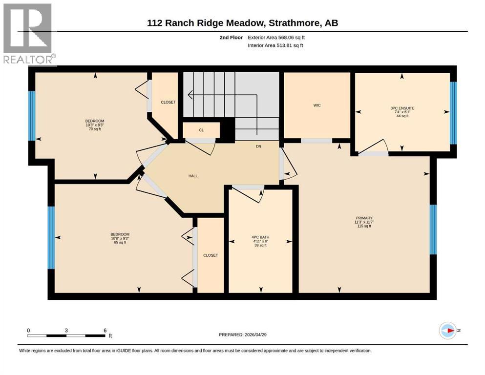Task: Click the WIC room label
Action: click(x=317, y=105)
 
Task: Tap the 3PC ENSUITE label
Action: click(x=402, y=108)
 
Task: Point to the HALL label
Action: click(x=193, y=176)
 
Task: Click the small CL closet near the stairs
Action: click(x=201, y=130)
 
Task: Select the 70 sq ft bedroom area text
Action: click(x=95, y=129)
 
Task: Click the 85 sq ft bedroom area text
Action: click(x=120, y=242)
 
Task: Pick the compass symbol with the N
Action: click(x=447, y=331)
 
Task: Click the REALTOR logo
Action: click(x=28, y=34)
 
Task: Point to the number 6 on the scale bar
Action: click(x=105, y=330)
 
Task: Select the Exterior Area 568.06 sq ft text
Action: click(x=278, y=37)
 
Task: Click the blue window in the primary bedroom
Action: click(x=433, y=229)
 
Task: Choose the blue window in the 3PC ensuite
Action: click(x=453, y=113)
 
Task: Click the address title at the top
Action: click(x=243, y=23)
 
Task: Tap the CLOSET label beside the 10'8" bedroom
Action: click(x=211, y=255)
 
